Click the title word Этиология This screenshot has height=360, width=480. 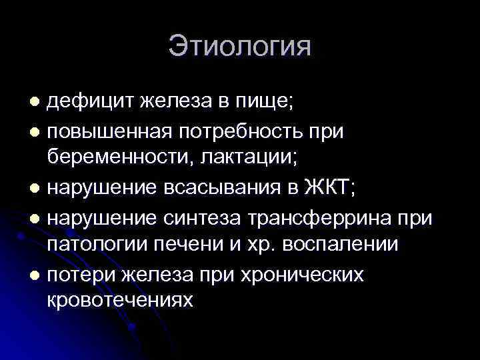click(x=239, y=47)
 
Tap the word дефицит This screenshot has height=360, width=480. click(x=89, y=102)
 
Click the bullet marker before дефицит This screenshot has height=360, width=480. click(x=37, y=102)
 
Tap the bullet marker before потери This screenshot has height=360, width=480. click(x=37, y=274)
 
